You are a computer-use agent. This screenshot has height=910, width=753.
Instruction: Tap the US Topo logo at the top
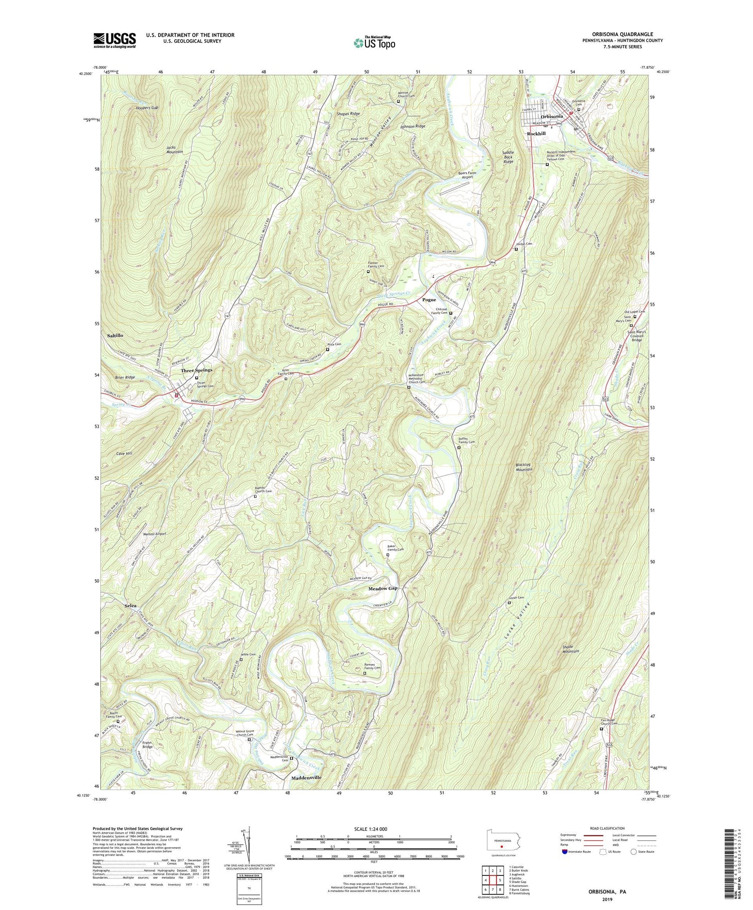coord(374,43)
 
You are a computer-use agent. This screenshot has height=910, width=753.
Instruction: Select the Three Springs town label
coord(196,370)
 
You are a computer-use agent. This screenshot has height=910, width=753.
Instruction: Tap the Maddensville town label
coord(306,777)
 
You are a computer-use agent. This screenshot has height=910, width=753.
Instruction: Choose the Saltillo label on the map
coord(115,335)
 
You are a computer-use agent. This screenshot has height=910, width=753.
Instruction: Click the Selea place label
coord(131,606)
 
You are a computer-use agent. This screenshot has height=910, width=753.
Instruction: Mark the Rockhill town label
coord(536,134)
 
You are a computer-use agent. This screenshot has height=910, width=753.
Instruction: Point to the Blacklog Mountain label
coord(524,467)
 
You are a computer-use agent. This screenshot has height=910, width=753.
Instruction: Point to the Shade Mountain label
coord(568,649)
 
